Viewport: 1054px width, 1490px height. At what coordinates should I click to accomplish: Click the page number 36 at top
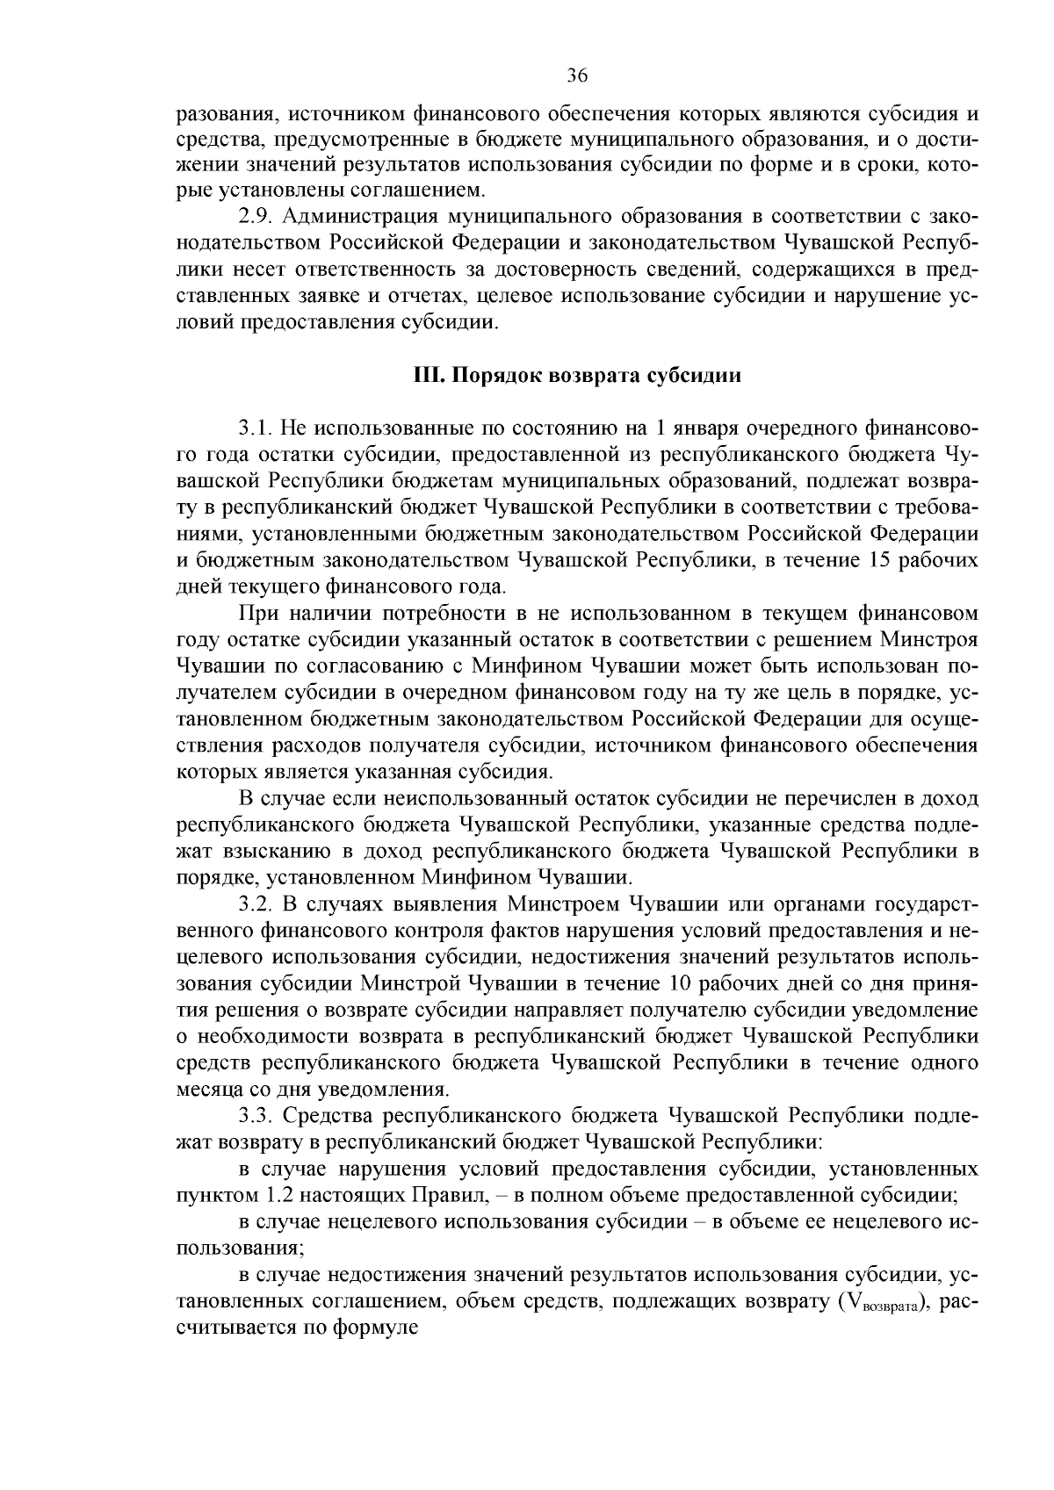pyautogui.click(x=576, y=76)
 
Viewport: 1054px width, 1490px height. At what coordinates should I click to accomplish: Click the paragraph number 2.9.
pyautogui.click(x=255, y=216)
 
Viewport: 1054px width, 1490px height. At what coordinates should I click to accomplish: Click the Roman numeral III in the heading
pyautogui.click(x=426, y=376)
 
